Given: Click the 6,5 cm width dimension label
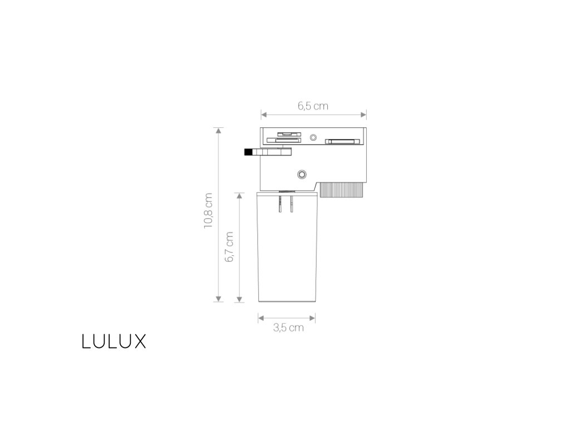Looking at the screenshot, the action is point(313,106).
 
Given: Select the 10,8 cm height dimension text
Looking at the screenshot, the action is point(208,211).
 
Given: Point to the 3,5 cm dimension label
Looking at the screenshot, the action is point(288,327).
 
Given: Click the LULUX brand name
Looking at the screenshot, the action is point(114,341).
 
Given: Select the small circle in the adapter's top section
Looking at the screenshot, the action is point(313,137).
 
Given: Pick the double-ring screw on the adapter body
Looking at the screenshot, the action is point(302,173).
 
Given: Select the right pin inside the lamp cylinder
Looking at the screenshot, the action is point(291,204).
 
